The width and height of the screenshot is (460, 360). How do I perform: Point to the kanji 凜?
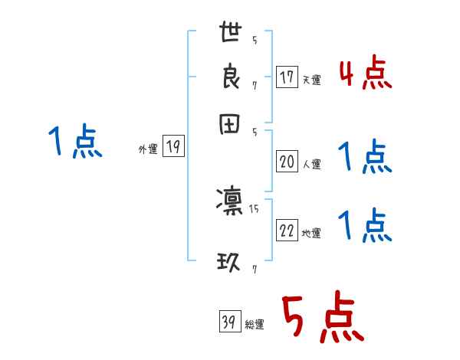click(x=229, y=201)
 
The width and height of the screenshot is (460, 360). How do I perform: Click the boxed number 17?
click(x=287, y=77)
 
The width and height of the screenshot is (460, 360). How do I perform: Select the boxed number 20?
click(x=287, y=162)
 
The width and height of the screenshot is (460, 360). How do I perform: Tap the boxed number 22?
click(x=287, y=231)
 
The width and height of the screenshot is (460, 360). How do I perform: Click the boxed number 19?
click(x=173, y=148)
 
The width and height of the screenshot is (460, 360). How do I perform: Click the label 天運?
click(x=311, y=80)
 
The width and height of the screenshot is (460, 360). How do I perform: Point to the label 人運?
click(x=311, y=164)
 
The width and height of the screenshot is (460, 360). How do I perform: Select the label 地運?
click(x=311, y=234)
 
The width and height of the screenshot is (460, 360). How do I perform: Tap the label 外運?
click(x=147, y=150)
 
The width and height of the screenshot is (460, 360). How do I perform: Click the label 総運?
click(x=255, y=325)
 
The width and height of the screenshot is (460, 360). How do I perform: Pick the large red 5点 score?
click(x=322, y=318)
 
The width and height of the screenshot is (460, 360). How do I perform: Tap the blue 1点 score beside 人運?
click(x=365, y=158)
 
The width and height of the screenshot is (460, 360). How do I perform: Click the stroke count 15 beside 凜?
click(x=254, y=208)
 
